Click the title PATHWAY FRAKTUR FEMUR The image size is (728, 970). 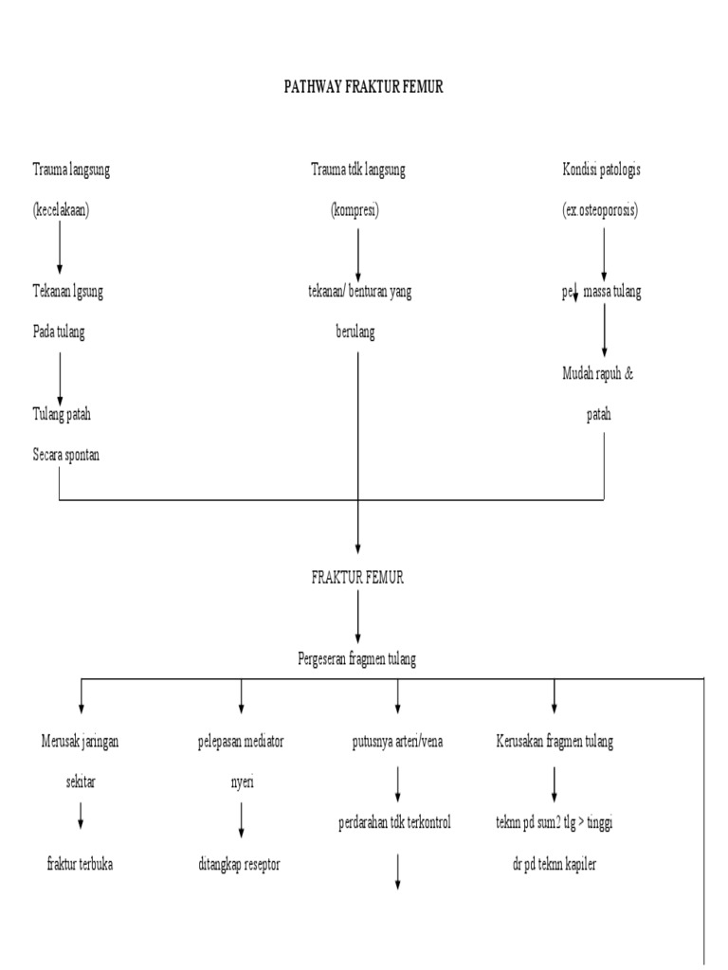pos(364,87)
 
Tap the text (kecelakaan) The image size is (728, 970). pos(60,210)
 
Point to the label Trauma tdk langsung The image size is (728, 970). pos(358,170)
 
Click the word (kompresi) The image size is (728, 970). pos(356,210)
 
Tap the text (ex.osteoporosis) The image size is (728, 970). pos(600,210)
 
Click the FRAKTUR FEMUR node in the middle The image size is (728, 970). pos(357,578)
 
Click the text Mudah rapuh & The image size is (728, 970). pos(597,373)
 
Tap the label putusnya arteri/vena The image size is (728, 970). pos(397,742)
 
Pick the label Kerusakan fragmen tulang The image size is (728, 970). pos(555,742)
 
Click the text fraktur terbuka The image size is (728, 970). pos(80,864)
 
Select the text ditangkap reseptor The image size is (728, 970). pos(240,864)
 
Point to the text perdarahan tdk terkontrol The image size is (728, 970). pos(394,823)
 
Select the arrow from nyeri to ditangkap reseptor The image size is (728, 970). pos(241,819)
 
